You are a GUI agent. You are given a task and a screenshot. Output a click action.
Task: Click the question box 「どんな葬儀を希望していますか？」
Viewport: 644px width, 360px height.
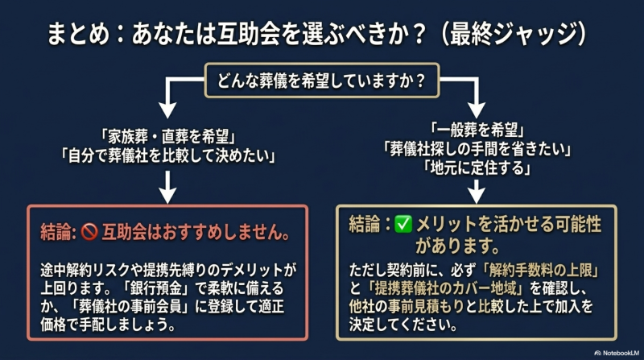point(322,81)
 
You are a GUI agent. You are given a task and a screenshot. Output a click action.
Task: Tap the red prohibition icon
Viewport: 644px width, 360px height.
point(89,232)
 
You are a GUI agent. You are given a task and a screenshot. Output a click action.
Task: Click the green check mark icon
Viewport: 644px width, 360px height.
point(403,225)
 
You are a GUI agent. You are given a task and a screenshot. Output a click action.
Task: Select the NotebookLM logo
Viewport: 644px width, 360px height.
point(617,353)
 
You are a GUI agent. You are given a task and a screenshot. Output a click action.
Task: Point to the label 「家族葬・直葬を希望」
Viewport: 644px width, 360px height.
point(167,136)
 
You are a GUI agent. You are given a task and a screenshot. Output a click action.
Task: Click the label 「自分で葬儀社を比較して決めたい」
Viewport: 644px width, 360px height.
point(167,155)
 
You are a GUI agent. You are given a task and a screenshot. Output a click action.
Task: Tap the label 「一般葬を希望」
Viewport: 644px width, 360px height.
point(477,130)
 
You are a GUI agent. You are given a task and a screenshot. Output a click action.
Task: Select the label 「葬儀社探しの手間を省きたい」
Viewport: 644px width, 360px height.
point(477,149)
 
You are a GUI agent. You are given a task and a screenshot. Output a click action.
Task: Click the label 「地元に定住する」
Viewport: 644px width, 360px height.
point(477,168)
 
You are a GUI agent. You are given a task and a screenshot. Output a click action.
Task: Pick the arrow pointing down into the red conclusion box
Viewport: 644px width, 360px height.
point(167,187)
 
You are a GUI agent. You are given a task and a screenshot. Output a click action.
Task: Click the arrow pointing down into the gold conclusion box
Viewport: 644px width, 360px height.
point(477,192)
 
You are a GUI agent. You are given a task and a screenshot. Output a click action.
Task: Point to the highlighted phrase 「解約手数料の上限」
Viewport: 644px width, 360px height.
point(540,270)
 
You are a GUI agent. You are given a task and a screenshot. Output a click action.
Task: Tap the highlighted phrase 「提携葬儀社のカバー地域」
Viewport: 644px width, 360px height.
point(447,288)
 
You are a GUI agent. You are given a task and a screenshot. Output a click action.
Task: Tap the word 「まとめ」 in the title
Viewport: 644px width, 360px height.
point(78,34)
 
